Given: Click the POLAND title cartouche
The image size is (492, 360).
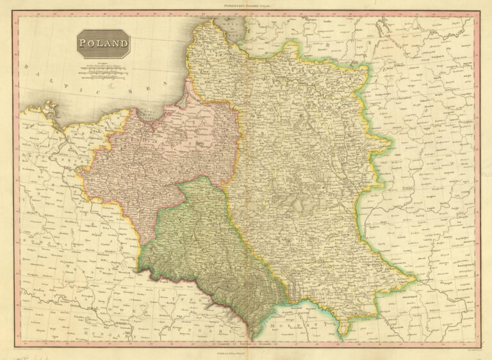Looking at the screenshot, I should coord(103,44).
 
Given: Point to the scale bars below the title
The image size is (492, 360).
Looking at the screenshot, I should coord(102,71).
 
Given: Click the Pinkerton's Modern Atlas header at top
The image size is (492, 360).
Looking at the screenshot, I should coord(247,5).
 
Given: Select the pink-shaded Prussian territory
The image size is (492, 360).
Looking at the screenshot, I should coord(160,154).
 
